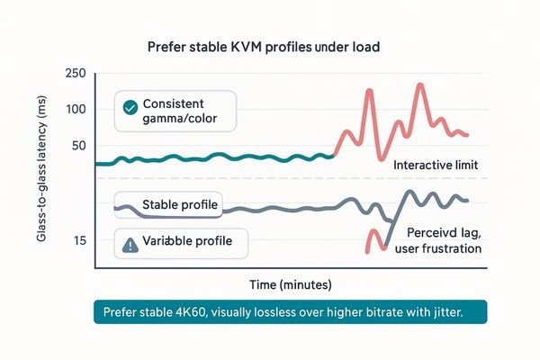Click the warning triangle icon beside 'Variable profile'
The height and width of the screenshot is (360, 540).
point(129,242)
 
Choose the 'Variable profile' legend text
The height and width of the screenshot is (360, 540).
point(186,241)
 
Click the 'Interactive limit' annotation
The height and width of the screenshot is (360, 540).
point(436,166)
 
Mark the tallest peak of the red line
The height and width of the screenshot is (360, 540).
point(419,85)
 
